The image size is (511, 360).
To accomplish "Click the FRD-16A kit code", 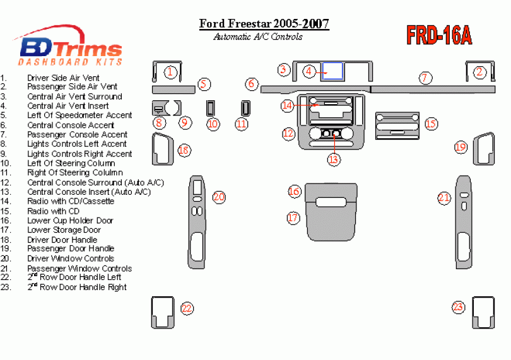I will coord(439,36).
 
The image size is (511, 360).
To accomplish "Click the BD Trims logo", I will coord(69,49).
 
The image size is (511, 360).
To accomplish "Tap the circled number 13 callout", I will coord(333,160).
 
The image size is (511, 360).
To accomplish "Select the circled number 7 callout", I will coord(425,78).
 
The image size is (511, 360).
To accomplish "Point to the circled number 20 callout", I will coord(219,197).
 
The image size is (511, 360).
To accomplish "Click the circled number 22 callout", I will coord(187,308).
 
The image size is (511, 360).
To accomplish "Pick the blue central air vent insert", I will coord(332,71).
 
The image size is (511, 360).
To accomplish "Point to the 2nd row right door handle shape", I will coord(483,312).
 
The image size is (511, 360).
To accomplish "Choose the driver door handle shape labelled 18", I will coord(163,149).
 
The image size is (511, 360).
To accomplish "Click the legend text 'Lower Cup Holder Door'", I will coord(70,221).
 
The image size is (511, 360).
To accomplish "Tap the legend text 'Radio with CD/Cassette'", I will coord(71,201).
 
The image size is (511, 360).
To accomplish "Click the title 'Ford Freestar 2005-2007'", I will coord(264,24).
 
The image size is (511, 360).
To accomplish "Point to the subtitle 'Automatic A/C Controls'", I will coord(257,37).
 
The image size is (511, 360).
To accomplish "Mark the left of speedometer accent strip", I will coord(173,88).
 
